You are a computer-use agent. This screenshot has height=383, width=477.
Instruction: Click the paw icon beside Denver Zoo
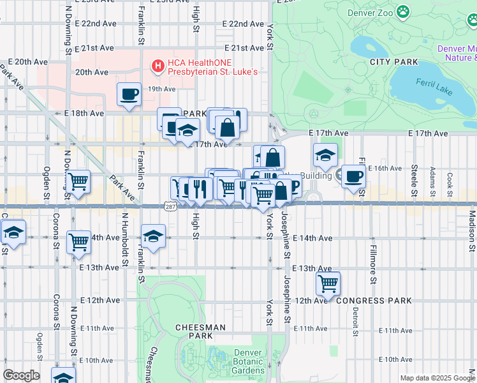(403, 11)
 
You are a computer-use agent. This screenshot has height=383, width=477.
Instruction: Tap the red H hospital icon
(157, 65)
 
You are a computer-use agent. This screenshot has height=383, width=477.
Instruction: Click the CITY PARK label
(393, 62)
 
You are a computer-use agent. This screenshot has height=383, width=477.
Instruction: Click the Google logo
(21, 375)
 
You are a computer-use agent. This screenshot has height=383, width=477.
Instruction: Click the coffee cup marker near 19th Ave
(129, 94)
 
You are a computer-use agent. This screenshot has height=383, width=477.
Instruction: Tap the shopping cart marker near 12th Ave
(327, 283)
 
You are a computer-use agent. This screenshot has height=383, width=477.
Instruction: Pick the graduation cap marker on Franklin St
(153, 236)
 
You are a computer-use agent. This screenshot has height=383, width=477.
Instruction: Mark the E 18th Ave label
(84, 113)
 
